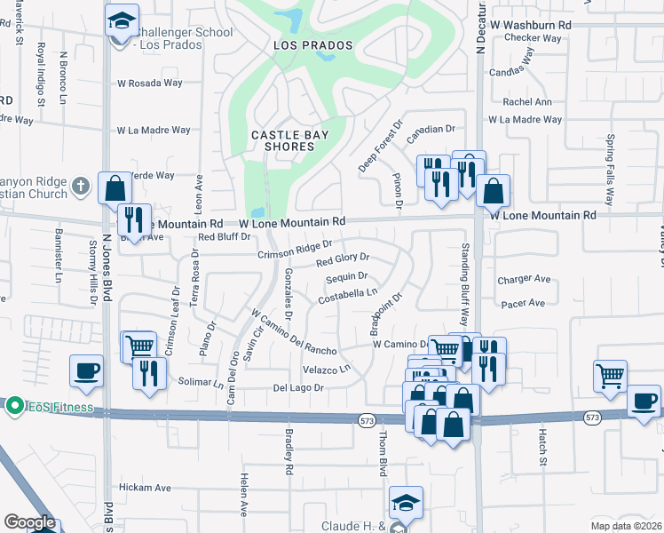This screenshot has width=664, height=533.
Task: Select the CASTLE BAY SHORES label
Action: (x=289, y=140)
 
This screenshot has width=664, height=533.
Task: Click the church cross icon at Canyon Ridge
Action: (x=80, y=187)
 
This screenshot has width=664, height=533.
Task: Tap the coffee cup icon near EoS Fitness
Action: (x=87, y=370)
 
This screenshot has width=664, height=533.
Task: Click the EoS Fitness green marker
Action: (x=13, y=406)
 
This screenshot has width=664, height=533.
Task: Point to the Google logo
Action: (x=29, y=522)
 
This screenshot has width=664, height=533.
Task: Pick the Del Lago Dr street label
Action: (x=298, y=388)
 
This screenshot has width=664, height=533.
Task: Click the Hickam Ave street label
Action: (x=145, y=488)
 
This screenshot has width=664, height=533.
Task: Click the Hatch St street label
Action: (x=542, y=448)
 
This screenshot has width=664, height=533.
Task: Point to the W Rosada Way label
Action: (x=149, y=84)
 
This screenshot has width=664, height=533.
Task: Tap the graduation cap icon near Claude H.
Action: (x=405, y=502)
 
